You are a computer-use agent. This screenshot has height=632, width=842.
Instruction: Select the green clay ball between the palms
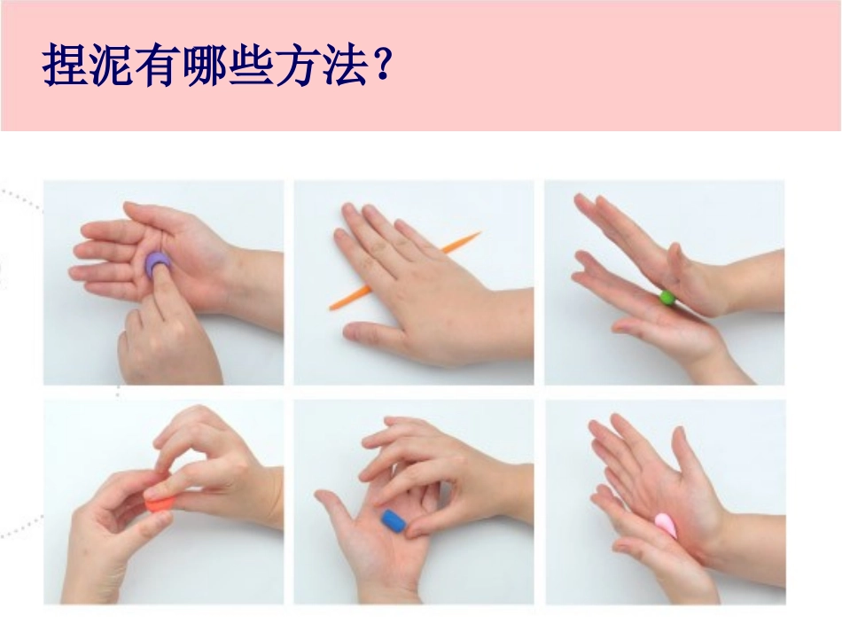click(x=667, y=297)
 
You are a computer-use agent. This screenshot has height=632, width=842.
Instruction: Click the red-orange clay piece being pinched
click(x=160, y=503)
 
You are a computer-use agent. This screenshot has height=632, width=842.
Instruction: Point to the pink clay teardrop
click(x=666, y=525)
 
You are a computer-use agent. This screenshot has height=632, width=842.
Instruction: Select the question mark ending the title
click(x=383, y=66)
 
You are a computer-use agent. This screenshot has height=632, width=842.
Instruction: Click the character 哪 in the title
click(x=202, y=66)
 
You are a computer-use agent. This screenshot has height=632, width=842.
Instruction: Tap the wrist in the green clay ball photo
click(x=753, y=284)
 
